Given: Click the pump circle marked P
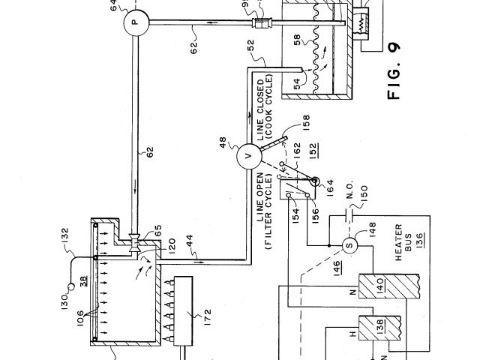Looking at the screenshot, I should click(x=133, y=23).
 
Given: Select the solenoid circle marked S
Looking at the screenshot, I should click(x=348, y=244).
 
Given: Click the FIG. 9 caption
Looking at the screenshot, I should click(x=395, y=72).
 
